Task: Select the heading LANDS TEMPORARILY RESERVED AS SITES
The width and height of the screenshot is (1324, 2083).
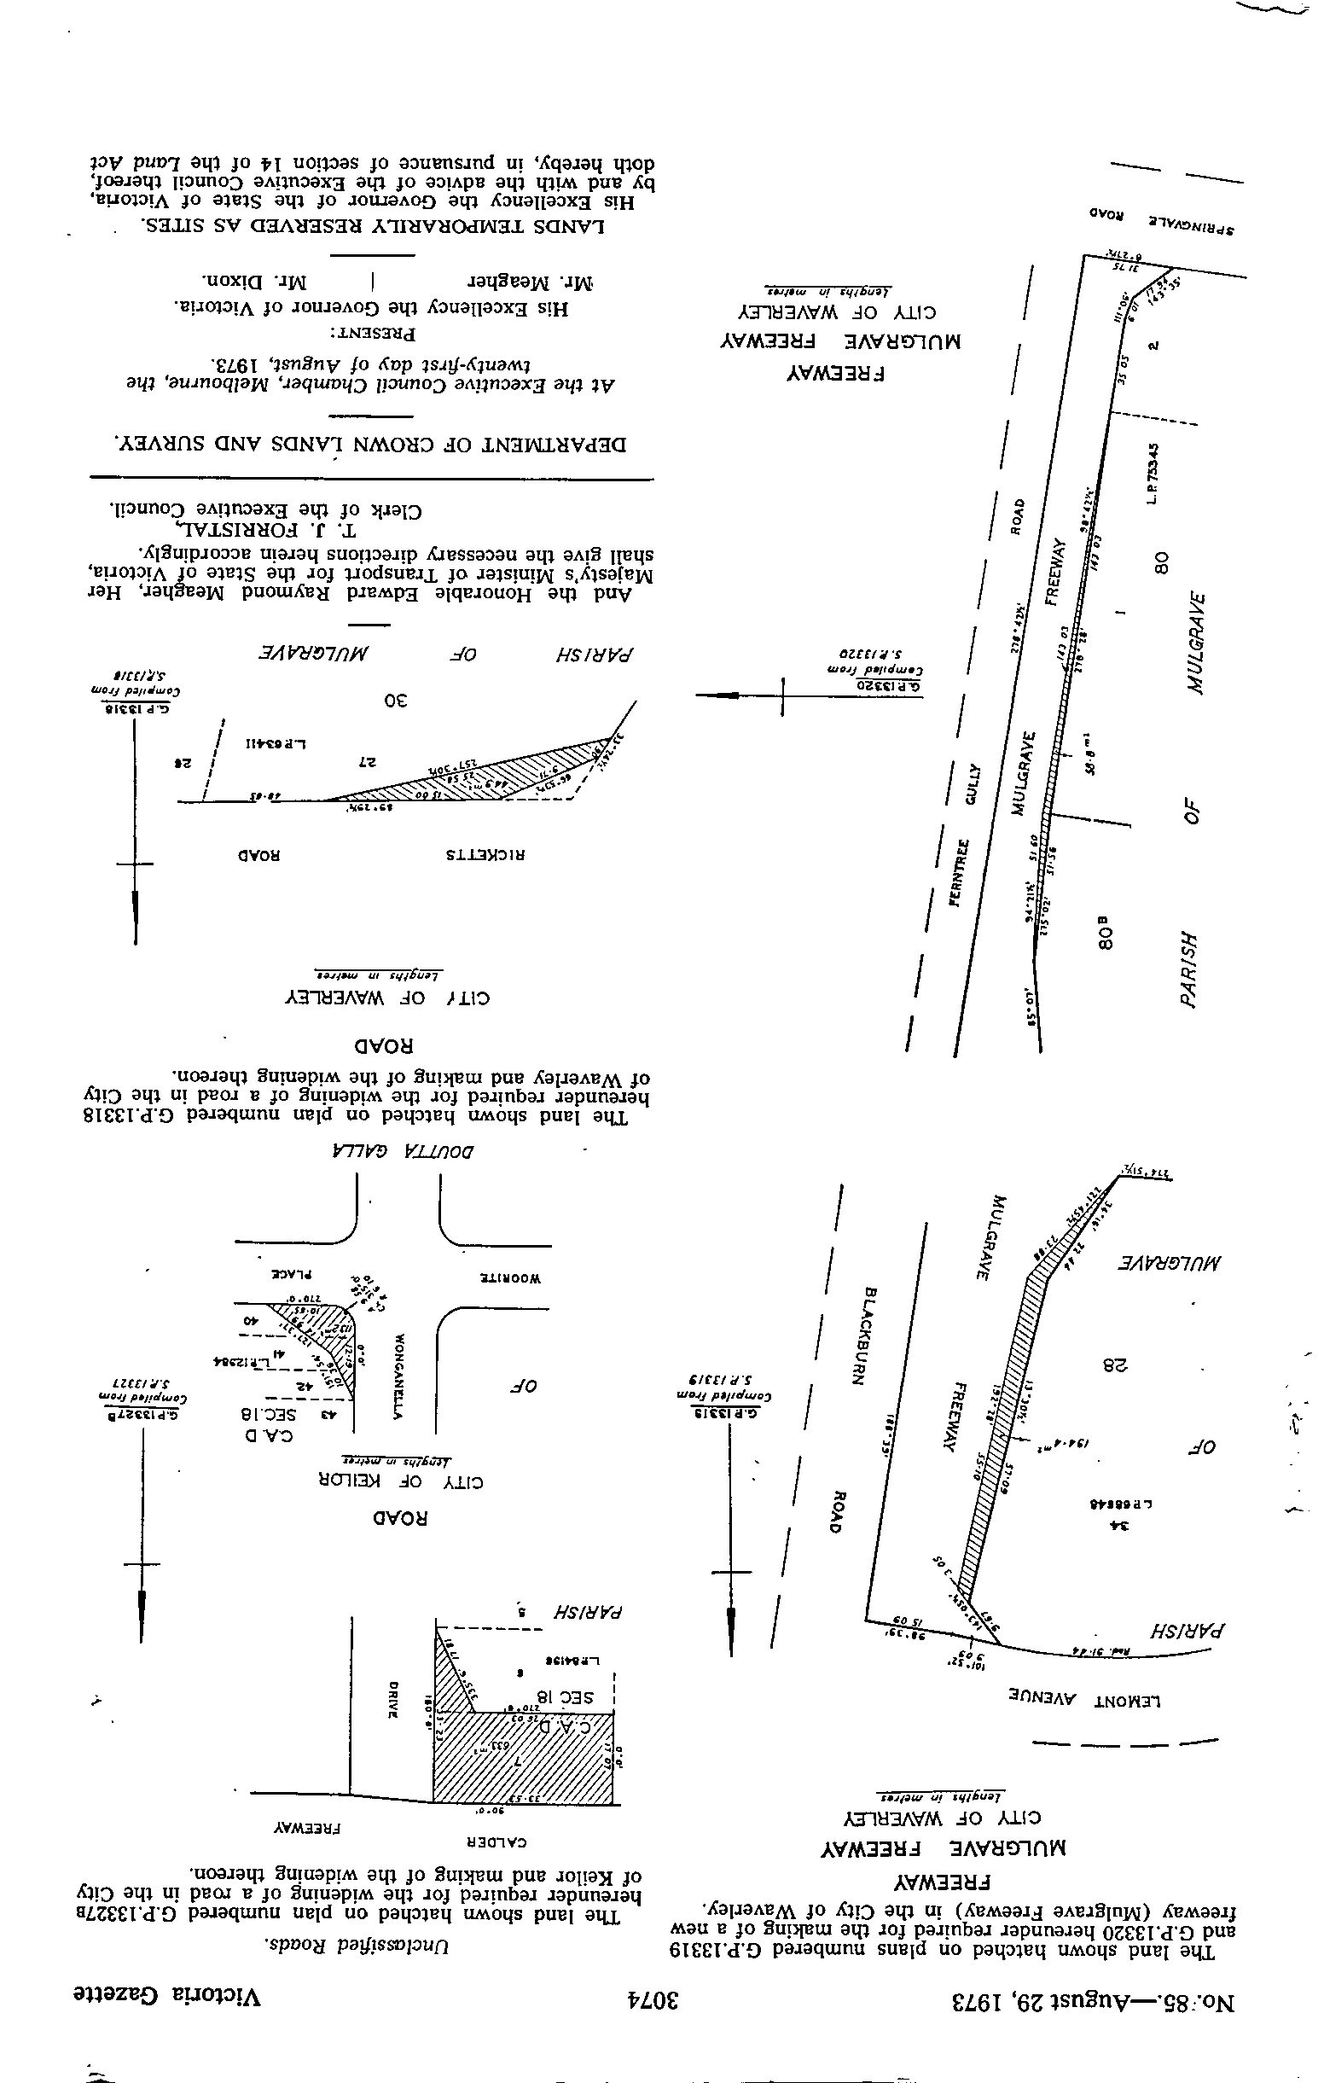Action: (373, 228)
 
